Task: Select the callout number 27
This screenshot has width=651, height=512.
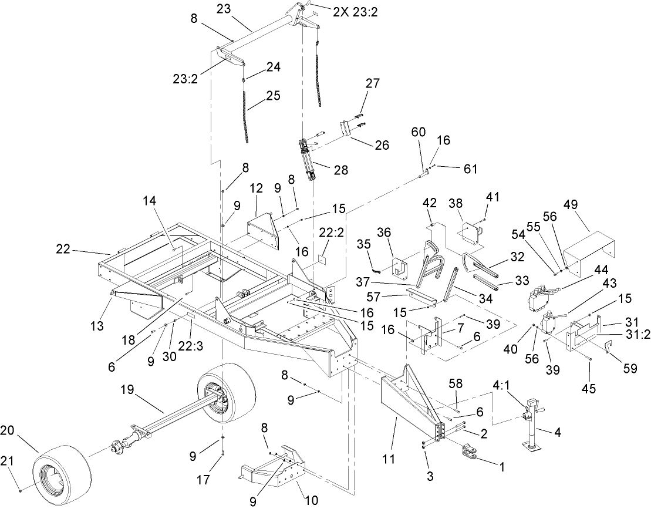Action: [x=372, y=84]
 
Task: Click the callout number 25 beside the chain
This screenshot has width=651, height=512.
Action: [x=273, y=95]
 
